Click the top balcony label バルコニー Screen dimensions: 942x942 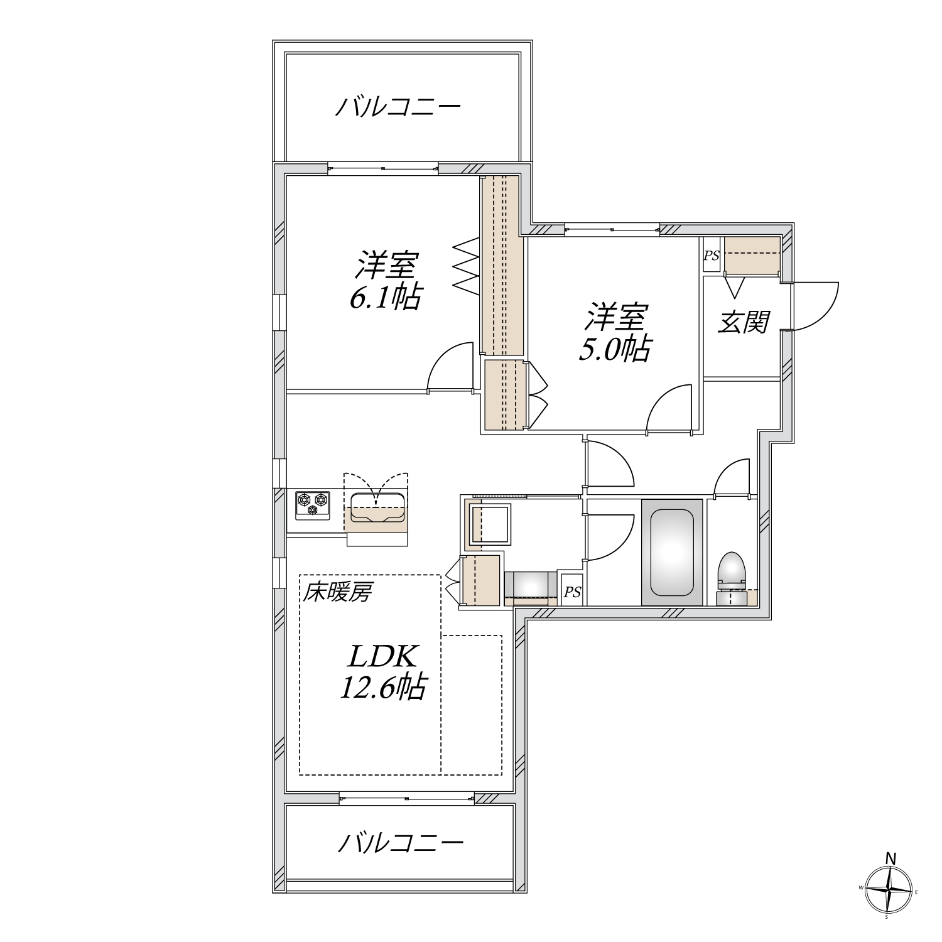point(398,107)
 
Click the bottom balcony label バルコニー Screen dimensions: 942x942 point(401,843)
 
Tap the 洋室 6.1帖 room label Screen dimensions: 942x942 point(386,281)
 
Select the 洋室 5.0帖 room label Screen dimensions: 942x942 point(615,333)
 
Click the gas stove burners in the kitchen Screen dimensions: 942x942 point(312,504)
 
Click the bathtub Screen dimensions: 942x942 point(671,552)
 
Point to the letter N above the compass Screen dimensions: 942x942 point(891,858)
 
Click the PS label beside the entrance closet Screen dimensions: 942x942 point(711,256)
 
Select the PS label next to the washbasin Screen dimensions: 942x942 point(571,592)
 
